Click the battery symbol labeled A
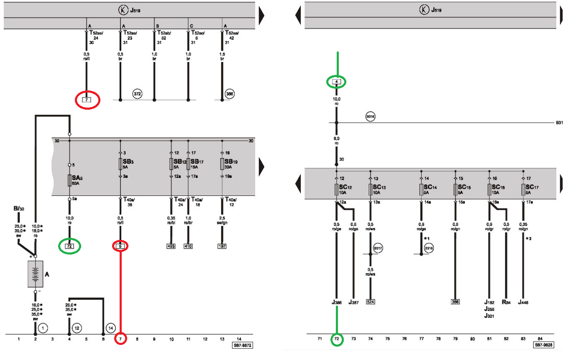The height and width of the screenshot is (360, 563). tap(36, 274)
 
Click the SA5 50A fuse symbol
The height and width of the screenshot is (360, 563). tap(69, 180)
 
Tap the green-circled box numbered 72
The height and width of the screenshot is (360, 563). tap(69, 247)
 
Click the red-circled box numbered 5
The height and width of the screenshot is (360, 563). tap(120, 247)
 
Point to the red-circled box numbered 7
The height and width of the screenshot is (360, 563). tap(87, 100)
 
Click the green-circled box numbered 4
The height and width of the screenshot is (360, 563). tap(336, 82)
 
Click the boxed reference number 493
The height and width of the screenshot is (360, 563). tap(171, 247)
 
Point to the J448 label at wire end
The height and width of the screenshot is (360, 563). tap(523, 302)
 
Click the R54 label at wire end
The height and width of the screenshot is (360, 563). tap(506, 302)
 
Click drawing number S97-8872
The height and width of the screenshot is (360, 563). tap(242, 346)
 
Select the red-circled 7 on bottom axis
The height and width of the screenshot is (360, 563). tap(120, 338)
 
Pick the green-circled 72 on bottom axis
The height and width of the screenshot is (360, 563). tap(336, 338)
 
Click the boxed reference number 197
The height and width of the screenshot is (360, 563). tap(222, 247)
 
